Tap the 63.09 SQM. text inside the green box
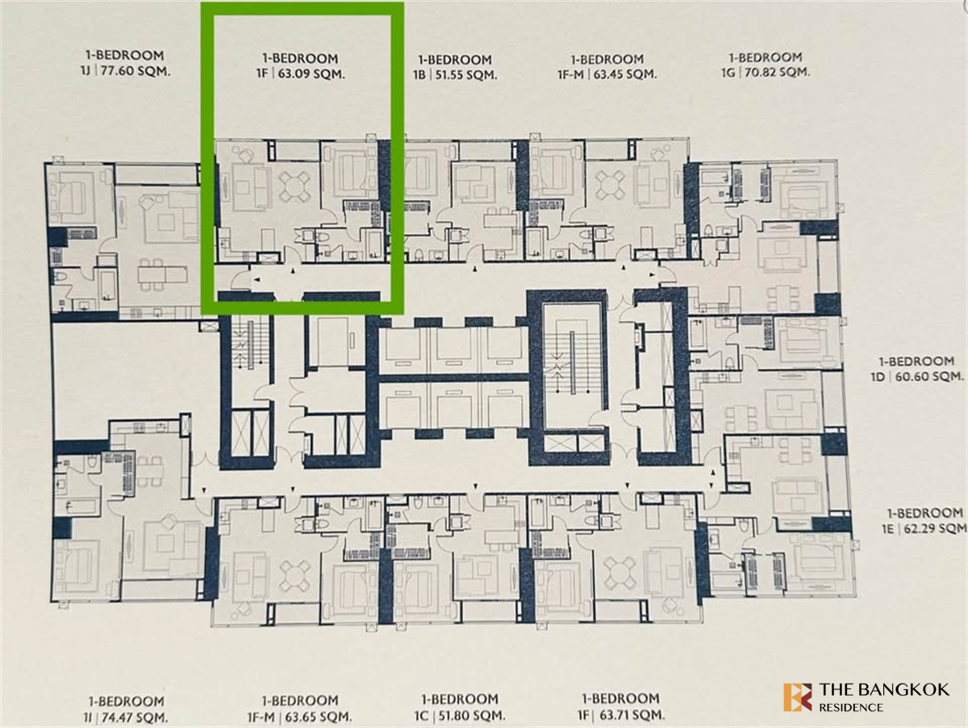(311, 73)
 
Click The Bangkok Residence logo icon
(797, 697)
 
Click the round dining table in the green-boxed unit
(294, 186)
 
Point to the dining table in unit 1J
(162, 275)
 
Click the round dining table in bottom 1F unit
(620, 574)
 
